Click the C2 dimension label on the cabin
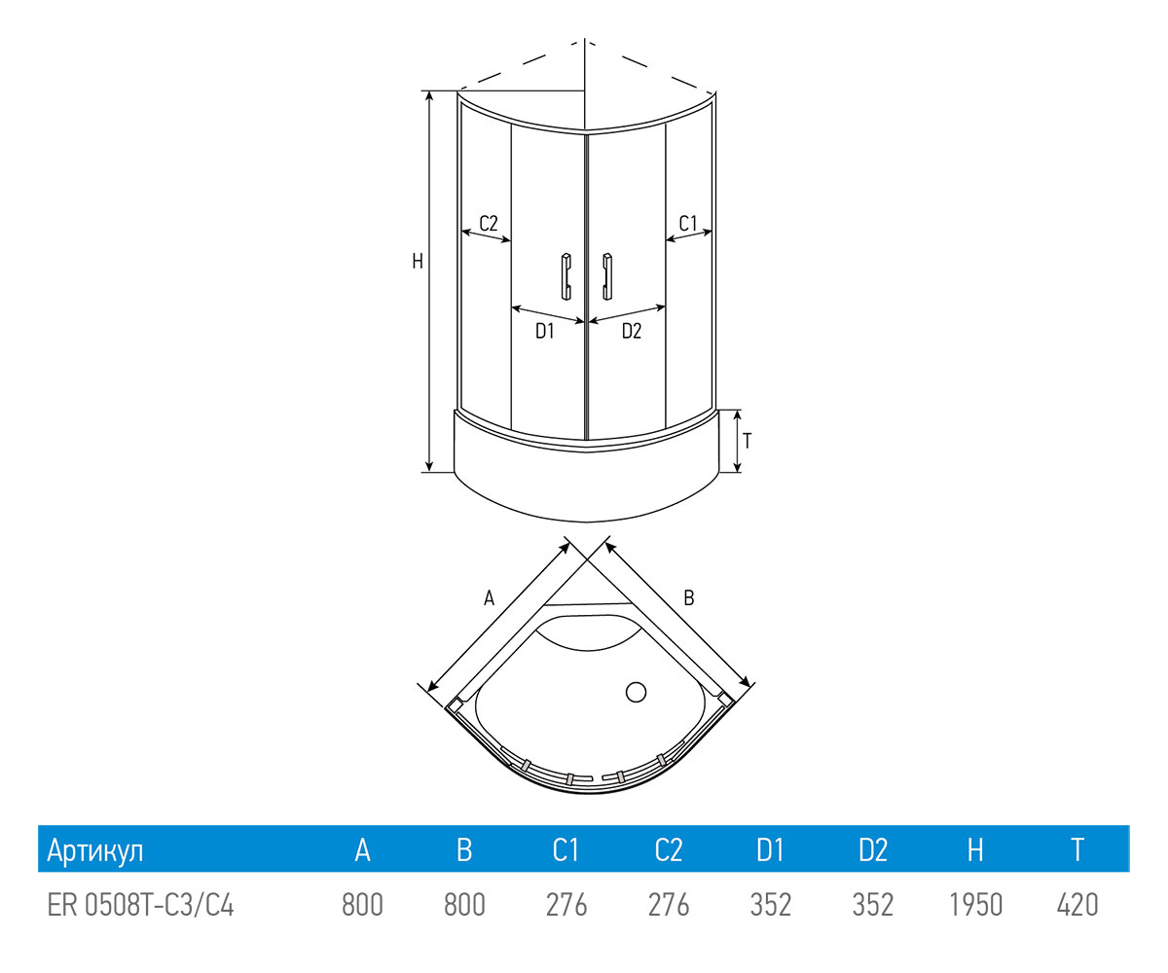489,223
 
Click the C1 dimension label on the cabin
688,223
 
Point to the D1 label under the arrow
544,332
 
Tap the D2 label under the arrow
632,332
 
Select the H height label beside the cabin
417,261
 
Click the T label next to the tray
748,441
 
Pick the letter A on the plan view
490,598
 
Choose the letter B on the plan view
688,598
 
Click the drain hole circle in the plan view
636,693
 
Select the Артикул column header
95,850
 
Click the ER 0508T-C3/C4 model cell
141,905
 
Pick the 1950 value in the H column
975,905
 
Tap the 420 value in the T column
1077,905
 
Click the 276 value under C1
566,905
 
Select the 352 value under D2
873,905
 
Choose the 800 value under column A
362,905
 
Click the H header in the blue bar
975,850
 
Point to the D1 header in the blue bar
770,850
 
